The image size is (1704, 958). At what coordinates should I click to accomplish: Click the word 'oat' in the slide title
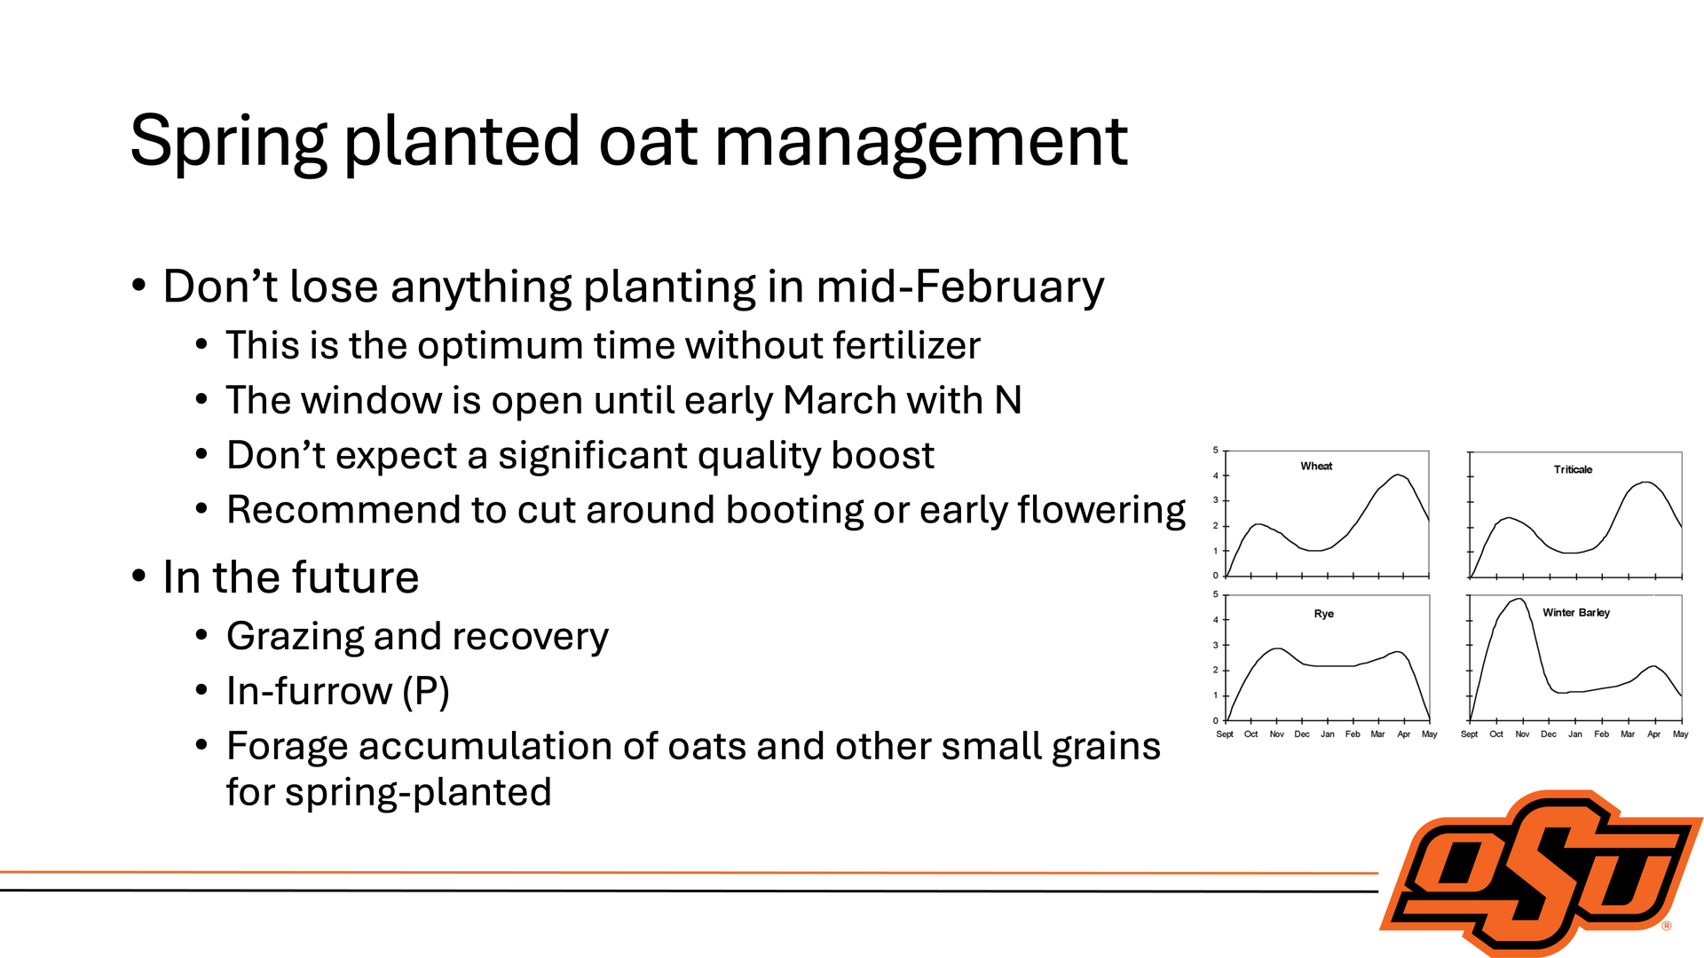(x=648, y=142)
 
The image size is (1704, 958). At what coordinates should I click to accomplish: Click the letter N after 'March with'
(x=1008, y=400)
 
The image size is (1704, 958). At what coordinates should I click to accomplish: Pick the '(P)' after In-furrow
(x=426, y=692)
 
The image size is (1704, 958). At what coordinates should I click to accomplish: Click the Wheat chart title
(x=1316, y=466)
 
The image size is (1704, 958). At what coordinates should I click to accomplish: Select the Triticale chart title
(x=1573, y=469)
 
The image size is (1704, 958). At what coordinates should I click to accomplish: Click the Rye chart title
(x=1323, y=614)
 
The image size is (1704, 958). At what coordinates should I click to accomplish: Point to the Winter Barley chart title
(x=1576, y=612)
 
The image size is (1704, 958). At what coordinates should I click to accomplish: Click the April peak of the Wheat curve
(x=1399, y=475)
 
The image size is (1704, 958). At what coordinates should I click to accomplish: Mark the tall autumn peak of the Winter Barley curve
(x=1521, y=600)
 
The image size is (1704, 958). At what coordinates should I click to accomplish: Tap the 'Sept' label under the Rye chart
(x=1225, y=734)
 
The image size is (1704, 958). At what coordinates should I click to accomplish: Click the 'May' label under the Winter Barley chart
(x=1681, y=734)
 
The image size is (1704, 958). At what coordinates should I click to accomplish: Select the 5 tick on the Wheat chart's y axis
(x=1216, y=451)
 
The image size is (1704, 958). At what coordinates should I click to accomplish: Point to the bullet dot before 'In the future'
(x=138, y=577)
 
